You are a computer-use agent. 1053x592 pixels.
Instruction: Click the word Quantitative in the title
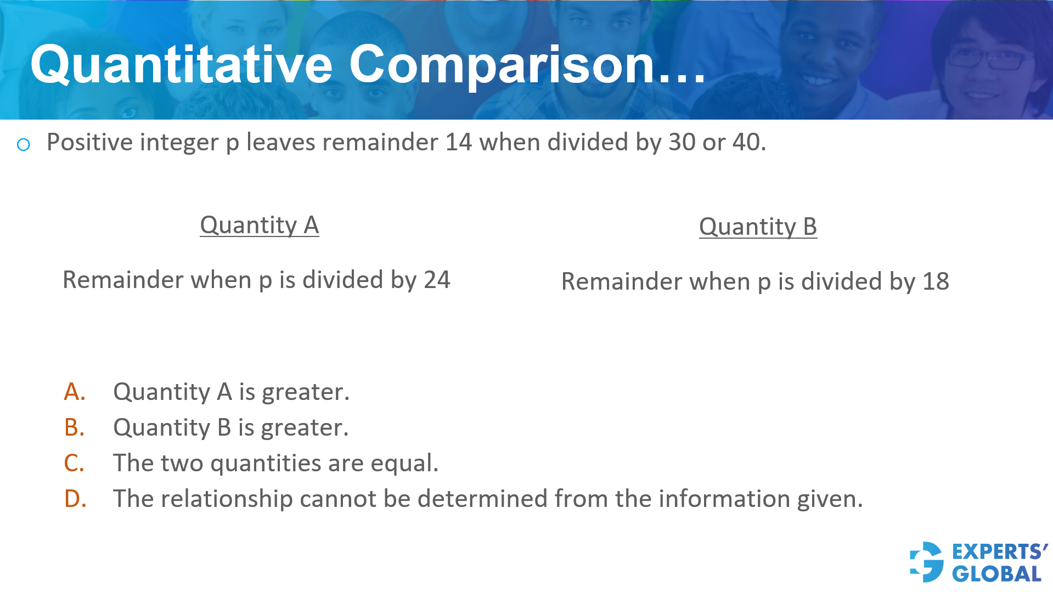click(181, 66)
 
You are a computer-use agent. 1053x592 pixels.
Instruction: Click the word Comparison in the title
click(502, 66)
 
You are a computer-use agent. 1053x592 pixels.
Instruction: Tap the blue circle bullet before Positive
click(24, 145)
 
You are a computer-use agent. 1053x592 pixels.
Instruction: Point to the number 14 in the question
click(458, 143)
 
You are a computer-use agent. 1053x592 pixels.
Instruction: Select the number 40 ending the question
click(746, 143)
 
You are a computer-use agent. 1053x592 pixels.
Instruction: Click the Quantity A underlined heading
click(259, 225)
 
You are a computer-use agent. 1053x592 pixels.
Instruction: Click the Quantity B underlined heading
click(758, 227)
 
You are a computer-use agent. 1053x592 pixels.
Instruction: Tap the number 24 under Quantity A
click(437, 280)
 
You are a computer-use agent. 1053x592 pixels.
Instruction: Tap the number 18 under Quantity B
click(936, 282)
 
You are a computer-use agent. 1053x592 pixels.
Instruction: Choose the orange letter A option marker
click(75, 392)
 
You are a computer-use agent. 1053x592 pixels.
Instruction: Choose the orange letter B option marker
click(75, 428)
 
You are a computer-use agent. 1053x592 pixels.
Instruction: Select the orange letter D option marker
click(75, 499)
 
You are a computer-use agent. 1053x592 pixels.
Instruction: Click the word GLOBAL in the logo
click(996, 574)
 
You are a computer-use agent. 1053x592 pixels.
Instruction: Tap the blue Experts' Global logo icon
click(927, 562)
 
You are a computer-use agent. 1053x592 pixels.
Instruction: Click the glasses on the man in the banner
click(988, 59)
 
